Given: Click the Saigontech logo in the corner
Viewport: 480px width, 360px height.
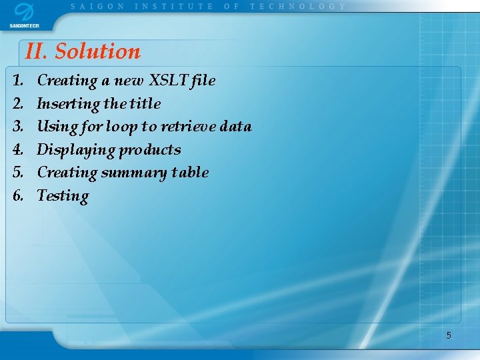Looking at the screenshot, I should pos(24,15).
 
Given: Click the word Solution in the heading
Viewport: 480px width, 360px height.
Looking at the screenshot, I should pos(97,51).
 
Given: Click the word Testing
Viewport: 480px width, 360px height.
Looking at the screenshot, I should pos(63,196).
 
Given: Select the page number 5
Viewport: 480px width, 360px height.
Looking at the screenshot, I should pos(449,335).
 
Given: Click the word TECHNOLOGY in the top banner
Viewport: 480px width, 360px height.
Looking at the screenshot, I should pos(298,6).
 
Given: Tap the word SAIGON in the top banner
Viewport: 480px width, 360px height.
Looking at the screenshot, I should pos(97,6).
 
